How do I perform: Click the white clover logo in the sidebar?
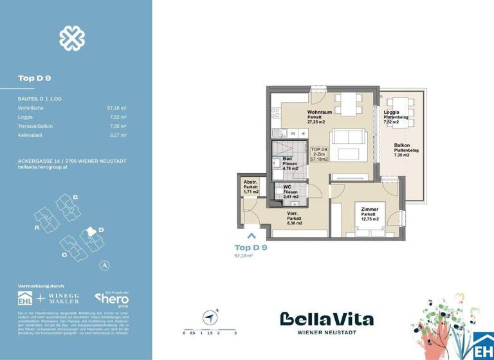pos(72,39)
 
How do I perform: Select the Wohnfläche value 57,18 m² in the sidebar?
pos(116,109)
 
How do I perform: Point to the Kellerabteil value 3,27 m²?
pos(118,136)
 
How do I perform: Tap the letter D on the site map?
pos(100,229)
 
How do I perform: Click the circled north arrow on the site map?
pos(103,265)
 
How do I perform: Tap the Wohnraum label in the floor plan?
pos(319,112)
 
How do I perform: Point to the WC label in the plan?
pos(288,187)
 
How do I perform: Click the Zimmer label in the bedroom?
pos(369,210)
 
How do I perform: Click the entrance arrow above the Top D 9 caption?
pos(252,236)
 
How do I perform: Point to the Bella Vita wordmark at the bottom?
pos(326,319)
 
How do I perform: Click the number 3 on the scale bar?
pos(235,334)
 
